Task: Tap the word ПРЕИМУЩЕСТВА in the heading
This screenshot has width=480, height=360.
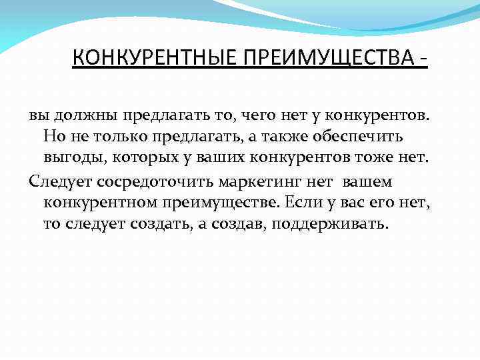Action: [323, 59]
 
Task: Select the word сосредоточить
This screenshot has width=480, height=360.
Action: [153, 180]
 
